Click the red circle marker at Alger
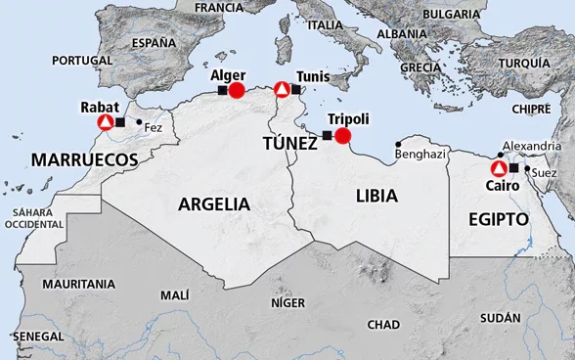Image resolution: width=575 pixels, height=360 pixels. point(237,90)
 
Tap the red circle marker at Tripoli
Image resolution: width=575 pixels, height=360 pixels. point(342,135)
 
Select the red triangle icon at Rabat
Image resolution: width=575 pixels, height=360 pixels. point(105,122)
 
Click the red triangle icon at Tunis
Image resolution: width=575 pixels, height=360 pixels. point(282,90)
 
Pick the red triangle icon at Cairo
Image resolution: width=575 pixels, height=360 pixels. point(498,168)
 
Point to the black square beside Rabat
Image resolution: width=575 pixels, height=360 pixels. point(120,122)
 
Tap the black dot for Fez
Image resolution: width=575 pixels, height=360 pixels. point(139,122)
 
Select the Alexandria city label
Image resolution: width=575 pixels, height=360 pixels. point(531,146)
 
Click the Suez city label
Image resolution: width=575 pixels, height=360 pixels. point(544,173)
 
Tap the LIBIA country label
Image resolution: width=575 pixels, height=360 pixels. point(376,196)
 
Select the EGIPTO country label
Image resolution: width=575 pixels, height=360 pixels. point(498,219)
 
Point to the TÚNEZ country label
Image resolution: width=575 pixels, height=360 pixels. point(289,144)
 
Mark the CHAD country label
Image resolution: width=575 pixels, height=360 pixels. point(382,324)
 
